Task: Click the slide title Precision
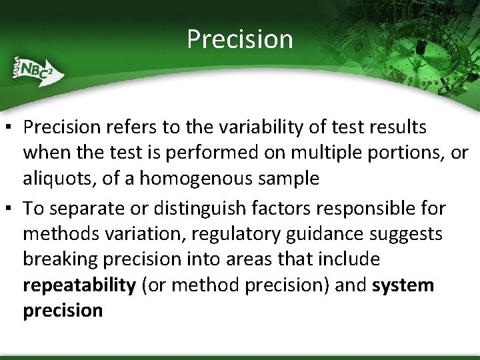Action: coord(239,39)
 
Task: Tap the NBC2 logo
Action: coord(35,69)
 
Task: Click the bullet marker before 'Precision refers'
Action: coord(11,127)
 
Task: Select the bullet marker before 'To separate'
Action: coord(11,209)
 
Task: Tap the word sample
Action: coord(289,179)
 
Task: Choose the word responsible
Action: coord(369,208)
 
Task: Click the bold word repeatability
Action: coord(79,285)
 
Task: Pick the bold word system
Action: coord(403,285)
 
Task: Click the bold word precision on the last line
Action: coord(63,311)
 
